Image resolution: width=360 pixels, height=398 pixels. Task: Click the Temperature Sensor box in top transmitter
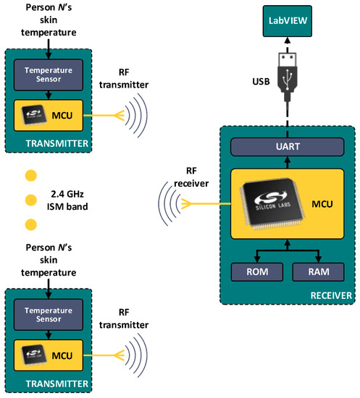(x=49, y=74)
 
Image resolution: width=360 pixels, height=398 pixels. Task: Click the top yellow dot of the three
(x=30, y=176)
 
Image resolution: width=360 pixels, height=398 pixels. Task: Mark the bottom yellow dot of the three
(x=30, y=224)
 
